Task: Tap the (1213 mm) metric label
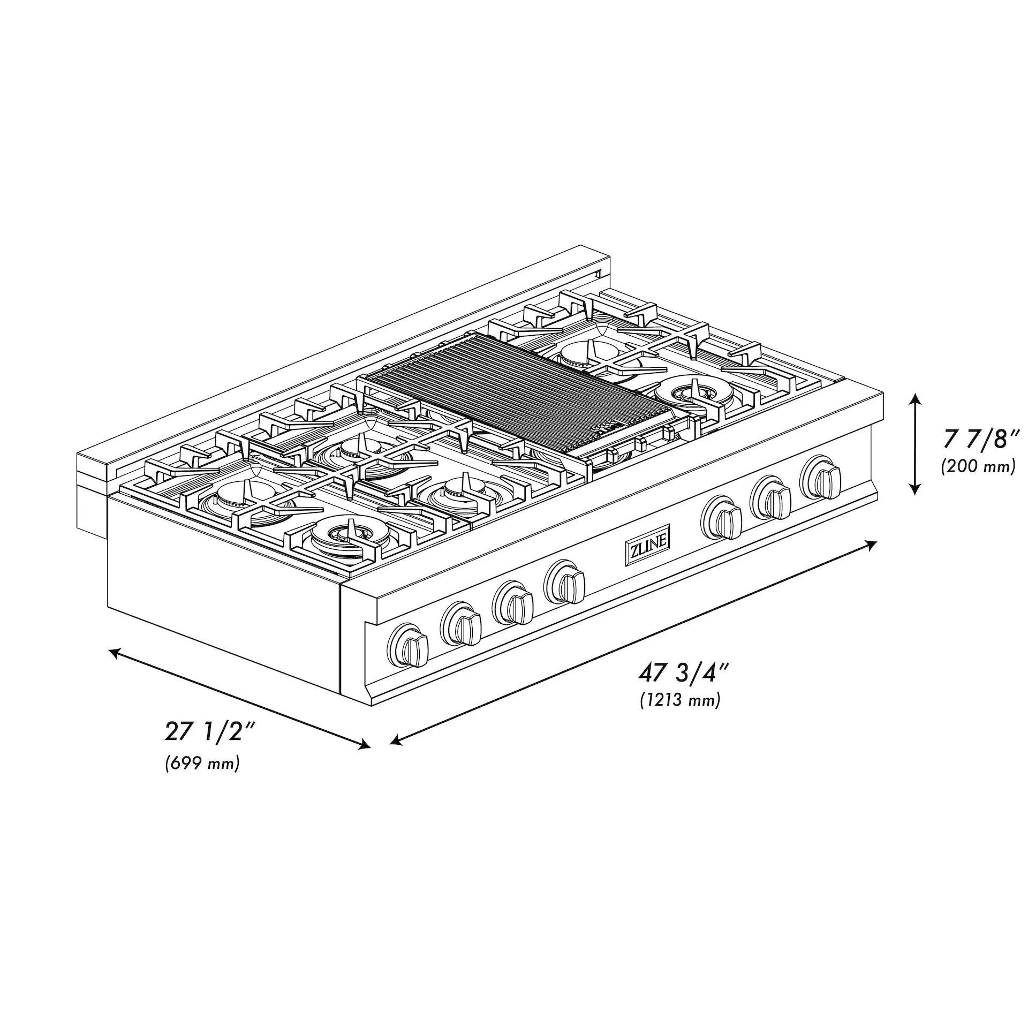680,700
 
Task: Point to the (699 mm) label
202,763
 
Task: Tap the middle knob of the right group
772,496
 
